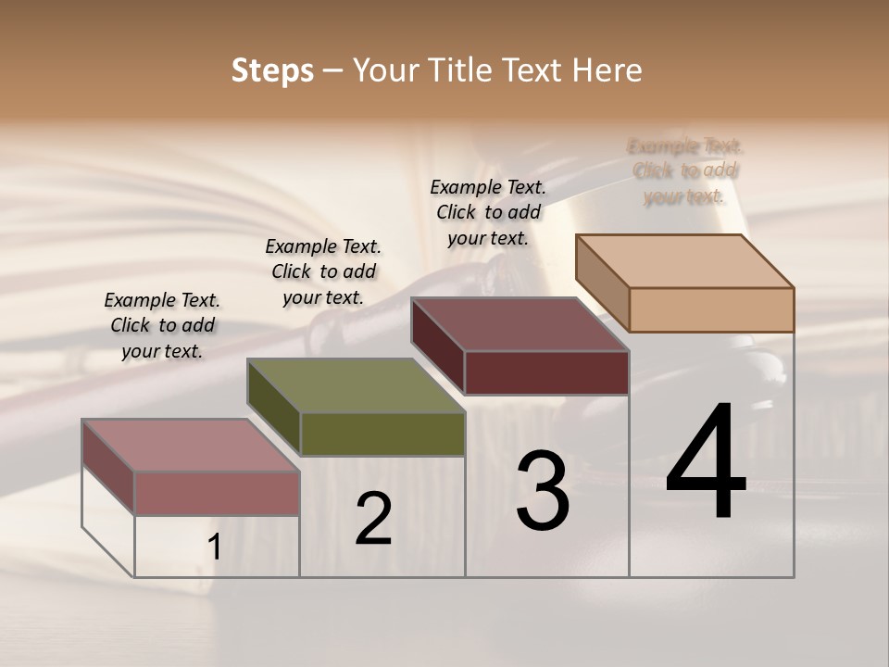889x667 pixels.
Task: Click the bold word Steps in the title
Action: tap(272, 70)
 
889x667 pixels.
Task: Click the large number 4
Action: tap(707, 462)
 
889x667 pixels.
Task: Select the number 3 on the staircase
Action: tap(543, 490)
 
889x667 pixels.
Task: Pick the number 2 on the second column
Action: tap(374, 519)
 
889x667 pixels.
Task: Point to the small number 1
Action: tap(215, 547)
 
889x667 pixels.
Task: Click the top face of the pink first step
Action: tap(191, 446)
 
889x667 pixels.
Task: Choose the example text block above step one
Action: tap(162, 325)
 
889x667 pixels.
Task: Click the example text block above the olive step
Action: tap(323, 271)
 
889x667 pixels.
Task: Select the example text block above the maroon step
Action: tap(488, 212)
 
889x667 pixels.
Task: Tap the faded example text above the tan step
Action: tap(685, 170)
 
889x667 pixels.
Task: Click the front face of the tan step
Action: tap(711, 309)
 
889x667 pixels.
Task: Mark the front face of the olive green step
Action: tap(382, 434)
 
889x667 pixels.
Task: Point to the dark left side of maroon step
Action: tap(437, 346)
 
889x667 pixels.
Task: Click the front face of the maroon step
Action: tap(546, 373)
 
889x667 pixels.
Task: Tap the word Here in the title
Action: tap(607, 70)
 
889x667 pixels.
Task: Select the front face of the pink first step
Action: tap(217, 493)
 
